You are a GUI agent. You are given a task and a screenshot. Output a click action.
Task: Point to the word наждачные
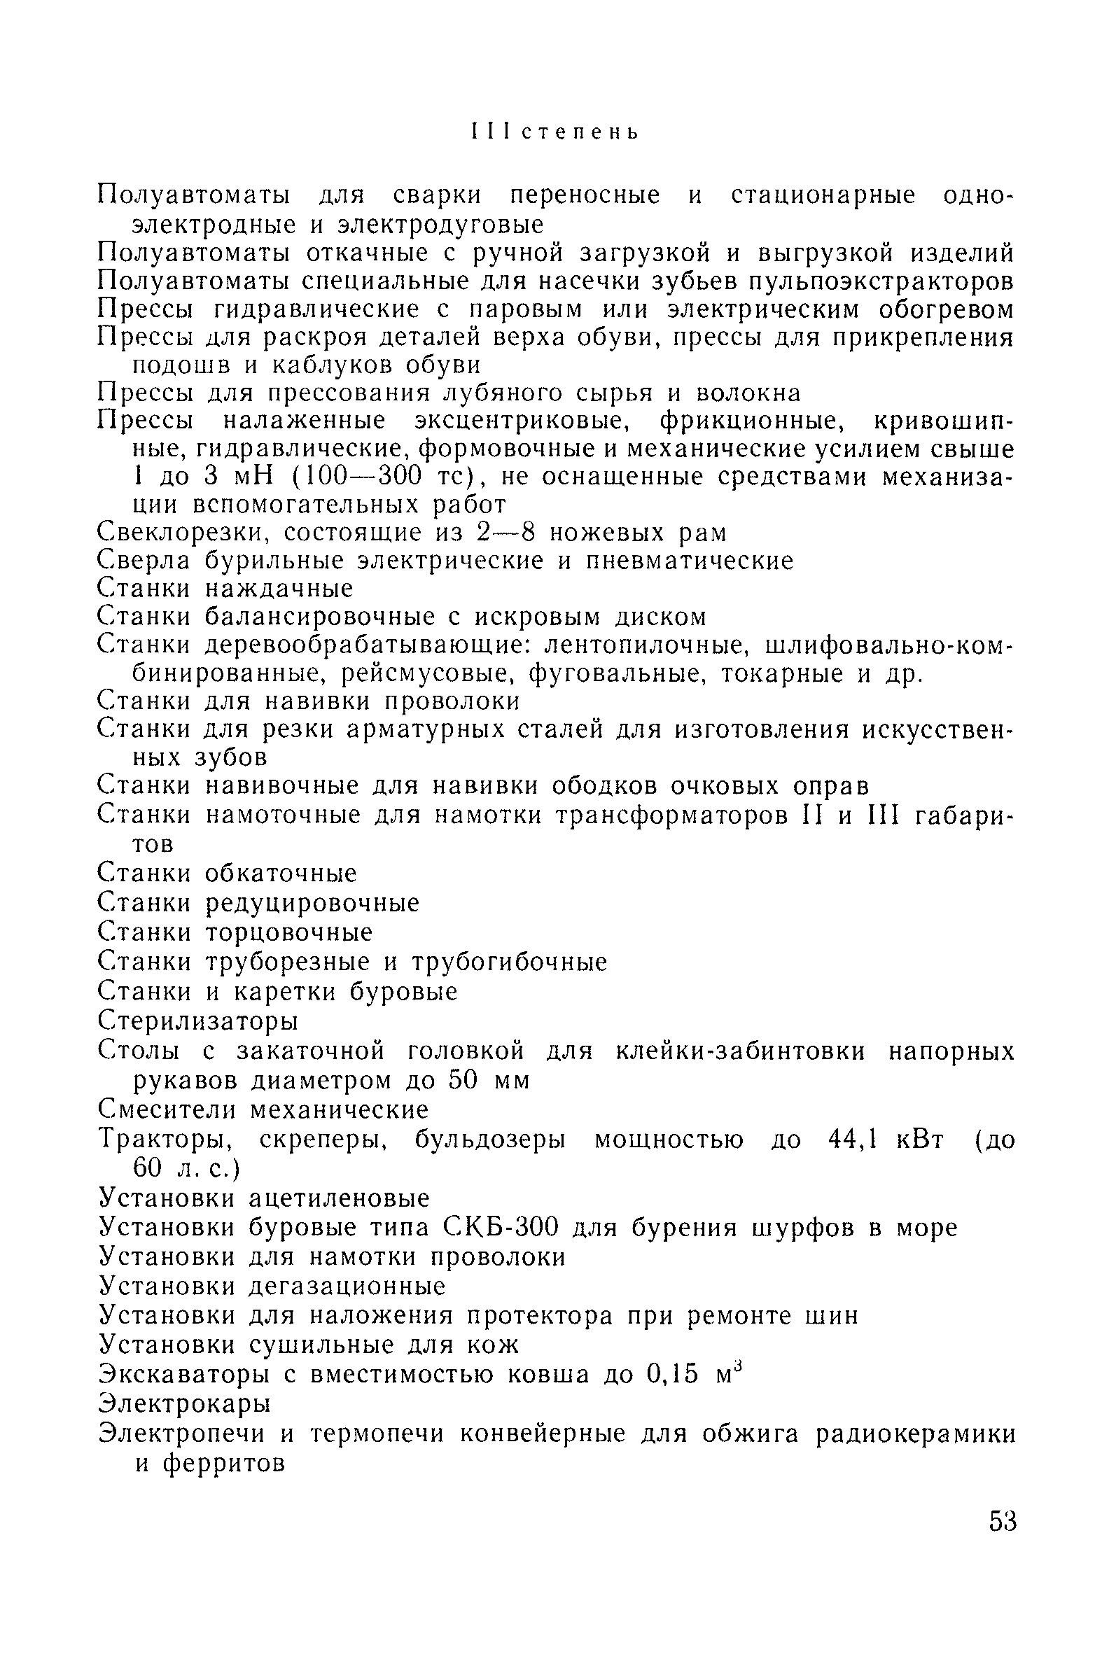279,589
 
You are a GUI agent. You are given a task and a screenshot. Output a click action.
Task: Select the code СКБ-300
501,1227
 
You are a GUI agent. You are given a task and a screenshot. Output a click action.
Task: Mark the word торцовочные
289,932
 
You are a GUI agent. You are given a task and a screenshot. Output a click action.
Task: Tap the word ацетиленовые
339,1198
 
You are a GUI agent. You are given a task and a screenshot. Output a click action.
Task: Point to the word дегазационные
347,1287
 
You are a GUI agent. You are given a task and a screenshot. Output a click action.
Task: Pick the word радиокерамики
915,1434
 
